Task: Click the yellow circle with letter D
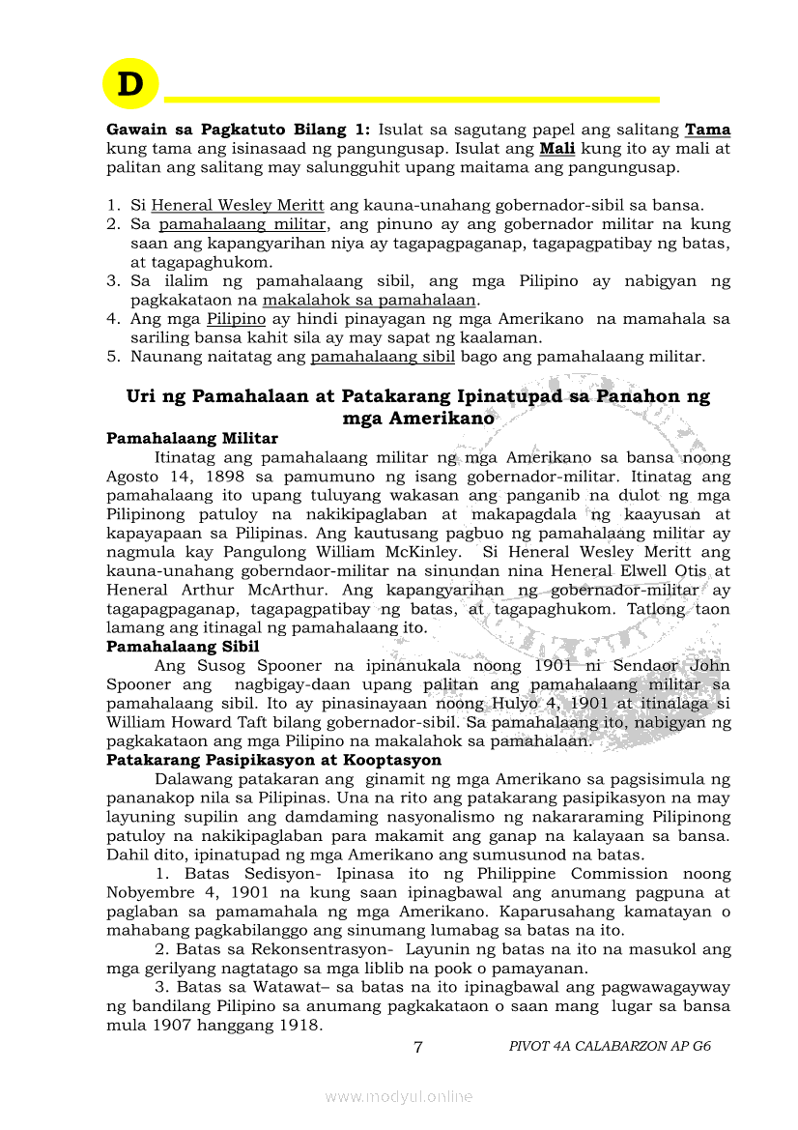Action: click(129, 84)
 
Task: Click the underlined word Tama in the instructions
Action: click(707, 130)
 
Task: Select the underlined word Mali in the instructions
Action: click(556, 149)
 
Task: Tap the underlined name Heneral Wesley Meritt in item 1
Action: click(238, 205)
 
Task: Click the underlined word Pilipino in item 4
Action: click(236, 318)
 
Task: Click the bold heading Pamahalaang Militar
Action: click(192, 438)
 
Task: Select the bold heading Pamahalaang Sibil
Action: click(183, 647)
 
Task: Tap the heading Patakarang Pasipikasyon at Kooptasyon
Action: click(274, 760)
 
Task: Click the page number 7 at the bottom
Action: click(417, 1047)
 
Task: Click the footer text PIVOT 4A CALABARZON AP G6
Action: click(610, 1047)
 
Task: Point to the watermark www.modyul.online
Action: click(399, 1096)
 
